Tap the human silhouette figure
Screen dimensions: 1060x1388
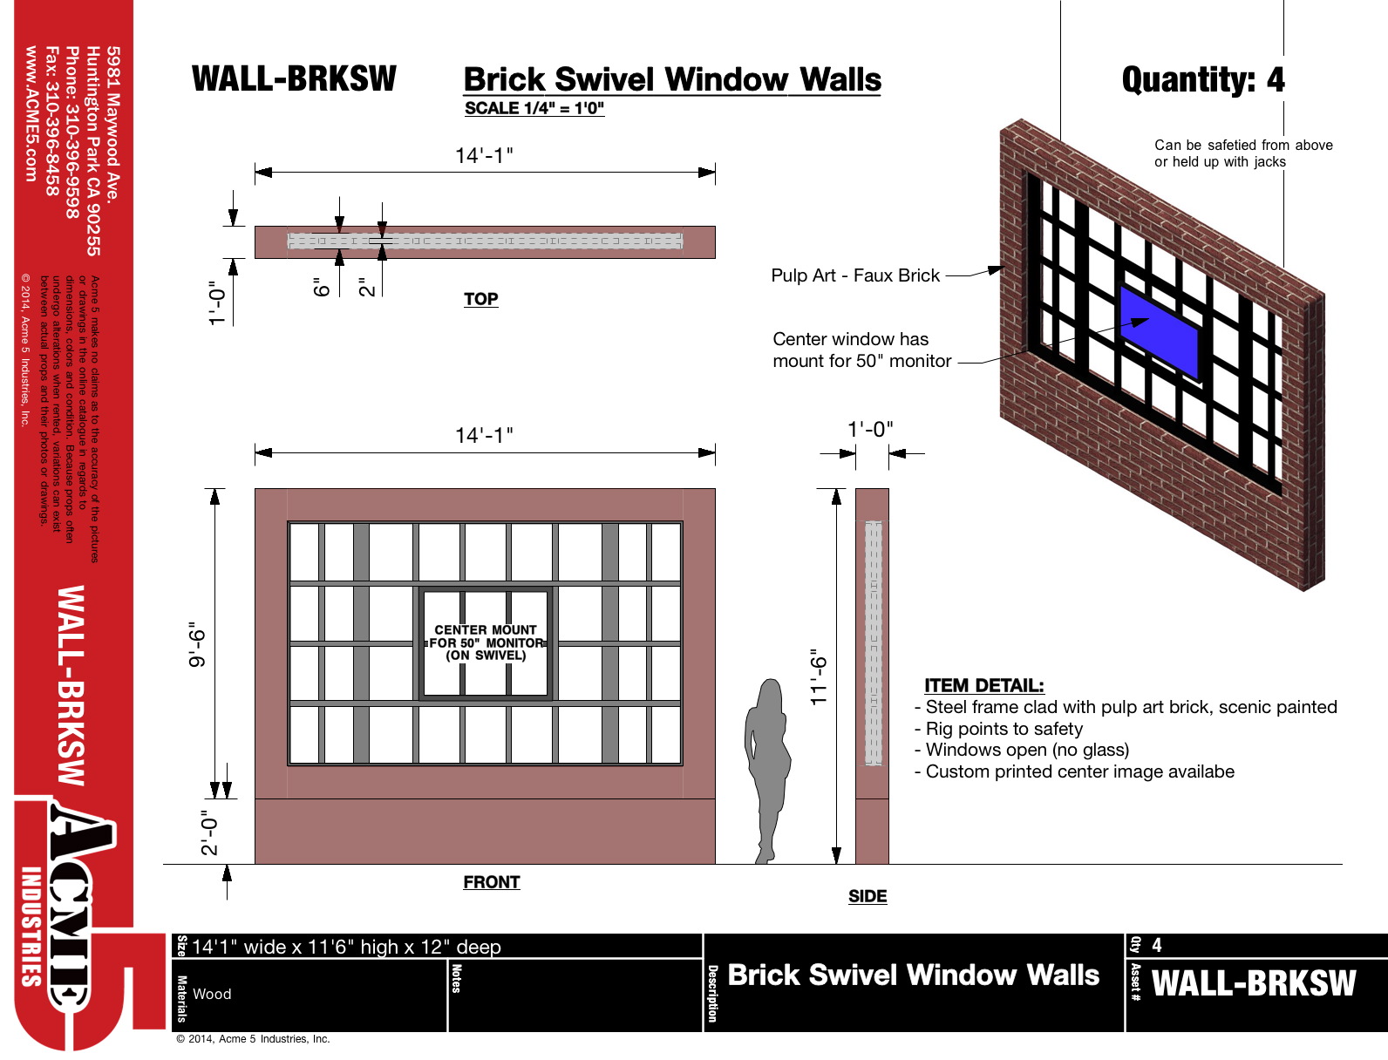point(768,767)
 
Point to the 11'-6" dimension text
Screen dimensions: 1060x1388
point(818,676)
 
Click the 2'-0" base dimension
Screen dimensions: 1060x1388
point(209,832)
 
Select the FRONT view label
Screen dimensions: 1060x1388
point(491,882)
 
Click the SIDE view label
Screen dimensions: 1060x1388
point(867,896)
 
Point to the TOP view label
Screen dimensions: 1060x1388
point(480,299)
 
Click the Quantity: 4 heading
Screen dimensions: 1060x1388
point(1203,80)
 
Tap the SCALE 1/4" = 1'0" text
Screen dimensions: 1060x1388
point(534,108)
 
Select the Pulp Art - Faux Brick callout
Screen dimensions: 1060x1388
point(854,275)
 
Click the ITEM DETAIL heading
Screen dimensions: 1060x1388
point(983,685)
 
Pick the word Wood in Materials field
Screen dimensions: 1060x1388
point(212,994)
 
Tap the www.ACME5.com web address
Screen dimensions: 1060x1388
point(31,113)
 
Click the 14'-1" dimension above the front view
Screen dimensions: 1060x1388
point(484,435)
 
